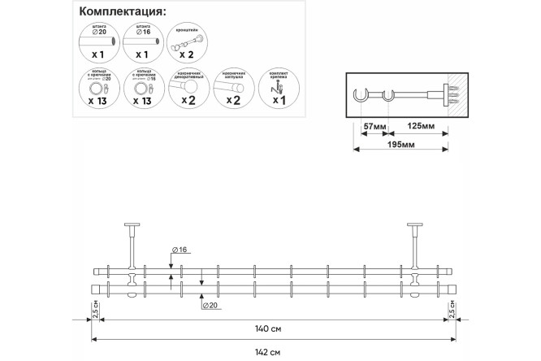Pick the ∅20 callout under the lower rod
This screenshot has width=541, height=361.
pos(210,305)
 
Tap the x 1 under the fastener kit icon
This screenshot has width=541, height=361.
pos(278,102)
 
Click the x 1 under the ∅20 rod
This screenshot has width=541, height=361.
pos(96,55)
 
